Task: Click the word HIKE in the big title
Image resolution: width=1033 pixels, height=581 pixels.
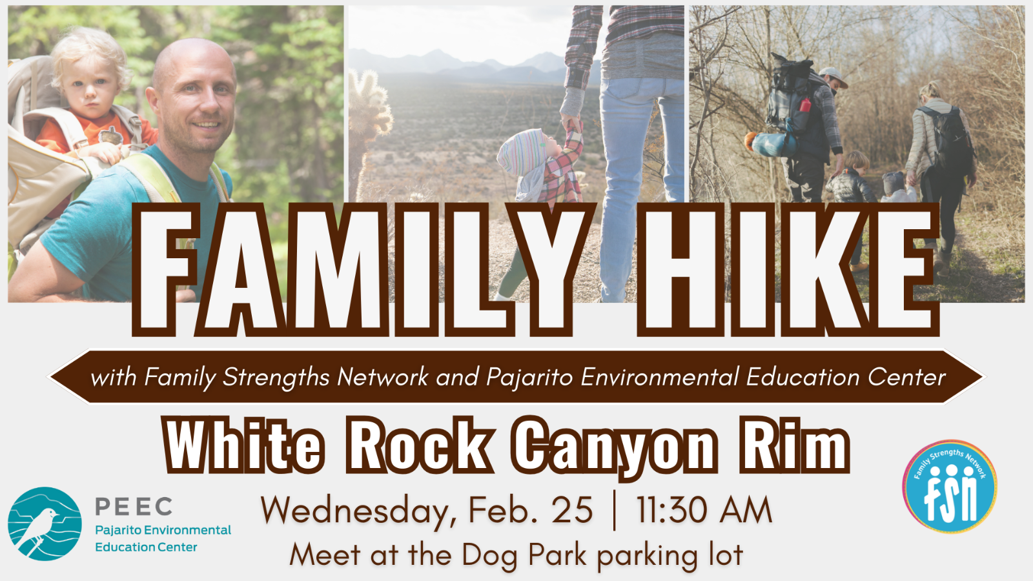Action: click(x=788, y=270)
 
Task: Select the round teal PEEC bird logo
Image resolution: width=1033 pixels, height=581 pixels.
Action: click(x=45, y=524)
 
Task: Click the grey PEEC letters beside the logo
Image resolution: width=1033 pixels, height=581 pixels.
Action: click(x=134, y=506)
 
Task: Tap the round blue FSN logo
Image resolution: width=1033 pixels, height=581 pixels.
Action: click(x=950, y=486)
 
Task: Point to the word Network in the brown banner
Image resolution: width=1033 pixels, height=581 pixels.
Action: click(x=383, y=377)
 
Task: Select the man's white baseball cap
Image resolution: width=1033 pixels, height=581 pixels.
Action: click(x=834, y=77)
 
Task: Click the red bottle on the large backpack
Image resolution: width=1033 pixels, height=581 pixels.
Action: click(x=805, y=105)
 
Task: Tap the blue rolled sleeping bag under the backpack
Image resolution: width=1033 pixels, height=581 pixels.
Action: click(x=772, y=144)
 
